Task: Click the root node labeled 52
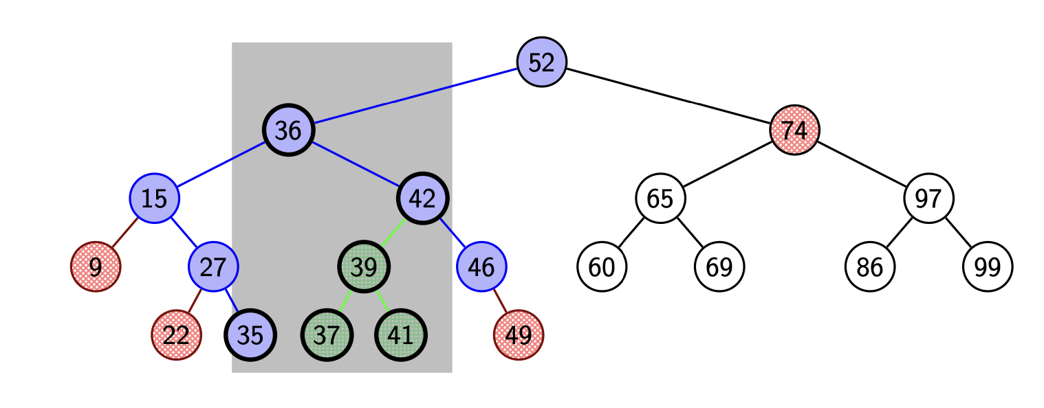542,62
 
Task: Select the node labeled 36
289,130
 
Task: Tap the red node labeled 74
794,130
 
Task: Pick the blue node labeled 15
155,198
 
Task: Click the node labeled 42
422,198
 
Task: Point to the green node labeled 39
364,267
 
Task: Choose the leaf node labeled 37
327,335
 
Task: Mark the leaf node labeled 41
400,335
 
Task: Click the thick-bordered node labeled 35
250,335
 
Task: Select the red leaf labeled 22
177,335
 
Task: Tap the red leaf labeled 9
96,267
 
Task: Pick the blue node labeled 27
213,267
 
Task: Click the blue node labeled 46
481,267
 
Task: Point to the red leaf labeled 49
519,335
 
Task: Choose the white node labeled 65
660,198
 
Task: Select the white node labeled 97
928,198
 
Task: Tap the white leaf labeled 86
870,267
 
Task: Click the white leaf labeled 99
988,267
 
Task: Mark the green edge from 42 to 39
393,232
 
